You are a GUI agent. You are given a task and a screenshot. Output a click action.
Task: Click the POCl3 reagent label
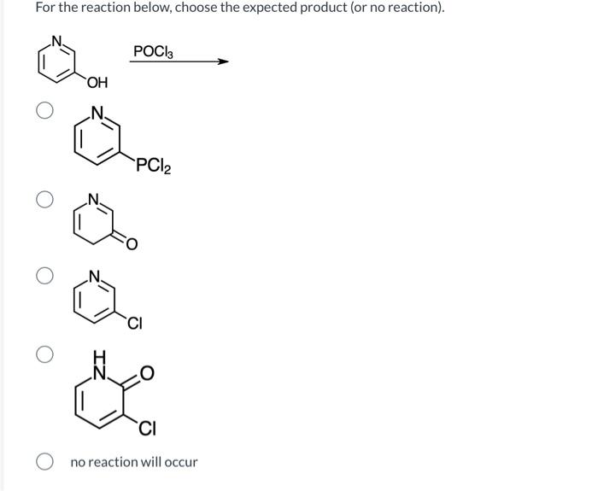click(x=153, y=51)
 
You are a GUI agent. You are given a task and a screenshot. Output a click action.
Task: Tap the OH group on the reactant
click(x=97, y=84)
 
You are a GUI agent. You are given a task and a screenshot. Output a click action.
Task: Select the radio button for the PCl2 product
click(x=45, y=110)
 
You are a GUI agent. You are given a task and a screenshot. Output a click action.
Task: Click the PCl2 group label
click(x=153, y=166)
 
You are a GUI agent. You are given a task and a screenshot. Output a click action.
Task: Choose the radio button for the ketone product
click(x=45, y=200)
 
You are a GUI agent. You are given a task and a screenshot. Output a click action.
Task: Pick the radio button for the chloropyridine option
click(x=45, y=276)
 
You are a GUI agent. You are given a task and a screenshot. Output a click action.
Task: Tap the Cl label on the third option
click(x=135, y=323)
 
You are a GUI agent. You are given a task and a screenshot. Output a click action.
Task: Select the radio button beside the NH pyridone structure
click(x=45, y=354)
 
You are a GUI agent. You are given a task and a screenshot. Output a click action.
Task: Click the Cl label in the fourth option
click(x=146, y=429)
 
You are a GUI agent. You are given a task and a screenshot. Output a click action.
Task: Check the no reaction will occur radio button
click(x=45, y=462)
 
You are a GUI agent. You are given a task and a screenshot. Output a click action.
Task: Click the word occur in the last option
click(x=179, y=462)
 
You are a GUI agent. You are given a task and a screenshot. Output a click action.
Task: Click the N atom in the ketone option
click(x=97, y=202)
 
